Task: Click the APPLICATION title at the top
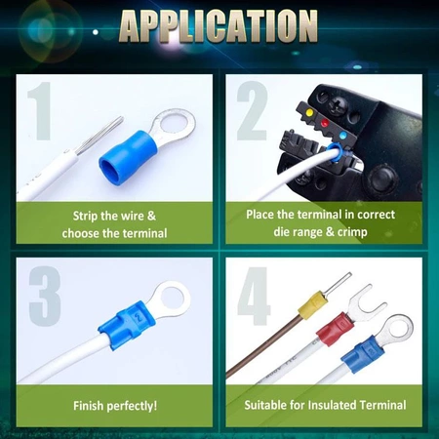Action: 219,26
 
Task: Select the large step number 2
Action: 253,111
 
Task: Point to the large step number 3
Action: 45,296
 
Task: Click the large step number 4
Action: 254,296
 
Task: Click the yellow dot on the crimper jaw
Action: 309,113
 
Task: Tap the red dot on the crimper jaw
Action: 325,124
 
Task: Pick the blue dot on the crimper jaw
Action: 342,136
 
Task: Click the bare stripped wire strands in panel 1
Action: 100,136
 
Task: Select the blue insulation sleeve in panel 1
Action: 129,157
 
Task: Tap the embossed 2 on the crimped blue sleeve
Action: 139,317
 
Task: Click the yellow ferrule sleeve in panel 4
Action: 312,303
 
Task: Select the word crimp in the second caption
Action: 352,233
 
